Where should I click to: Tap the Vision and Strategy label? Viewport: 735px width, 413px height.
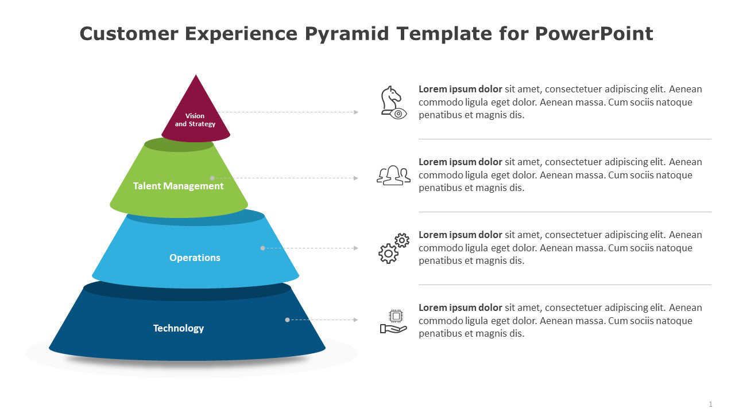(x=195, y=120)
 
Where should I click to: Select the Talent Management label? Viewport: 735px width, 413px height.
(x=178, y=186)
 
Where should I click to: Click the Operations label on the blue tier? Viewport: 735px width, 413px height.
(x=195, y=258)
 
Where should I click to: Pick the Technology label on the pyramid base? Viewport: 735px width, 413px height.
(x=178, y=328)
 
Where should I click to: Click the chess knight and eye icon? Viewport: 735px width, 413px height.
(x=393, y=102)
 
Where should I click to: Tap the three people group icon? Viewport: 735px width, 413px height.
(x=393, y=175)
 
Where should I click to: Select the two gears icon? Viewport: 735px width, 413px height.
(x=393, y=248)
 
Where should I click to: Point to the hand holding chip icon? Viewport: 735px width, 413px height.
(x=393, y=321)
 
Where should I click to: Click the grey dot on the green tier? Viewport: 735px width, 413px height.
(x=212, y=178)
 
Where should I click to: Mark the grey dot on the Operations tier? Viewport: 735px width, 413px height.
(x=262, y=248)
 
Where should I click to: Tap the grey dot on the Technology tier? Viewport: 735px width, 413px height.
(x=287, y=320)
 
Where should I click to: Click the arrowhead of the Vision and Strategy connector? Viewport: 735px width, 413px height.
(x=356, y=112)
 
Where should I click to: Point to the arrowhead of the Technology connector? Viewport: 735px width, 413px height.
(x=356, y=320)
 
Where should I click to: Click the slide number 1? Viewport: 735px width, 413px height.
(x=710, y=404)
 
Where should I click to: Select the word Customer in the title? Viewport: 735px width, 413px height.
(x=129, y=34)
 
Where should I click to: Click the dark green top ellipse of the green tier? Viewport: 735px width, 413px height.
(x=179, y=145)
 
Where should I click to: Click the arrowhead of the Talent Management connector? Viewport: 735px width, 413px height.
(x=356, y=178)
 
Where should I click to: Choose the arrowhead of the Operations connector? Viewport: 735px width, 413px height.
(x=356, y=248)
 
